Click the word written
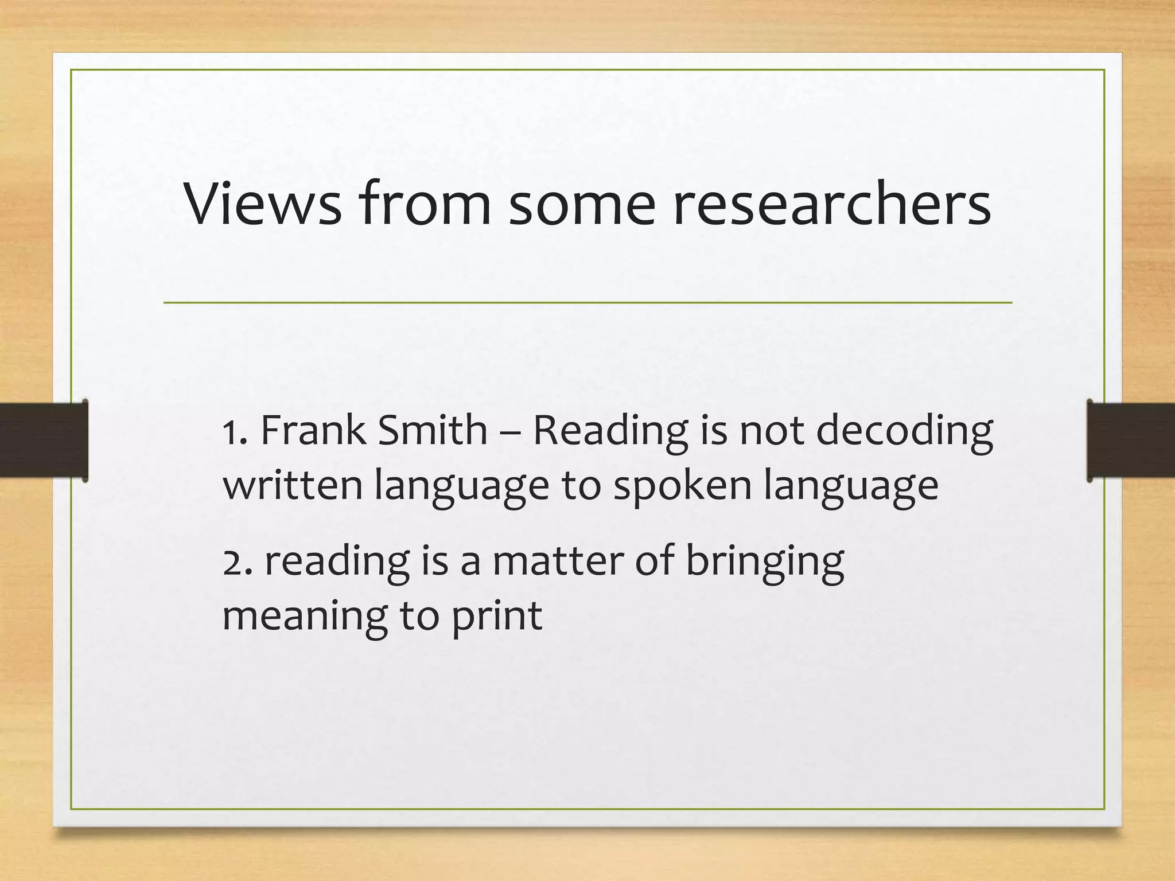(x=293, y=485)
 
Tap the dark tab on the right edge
(x=1131, y=440)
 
